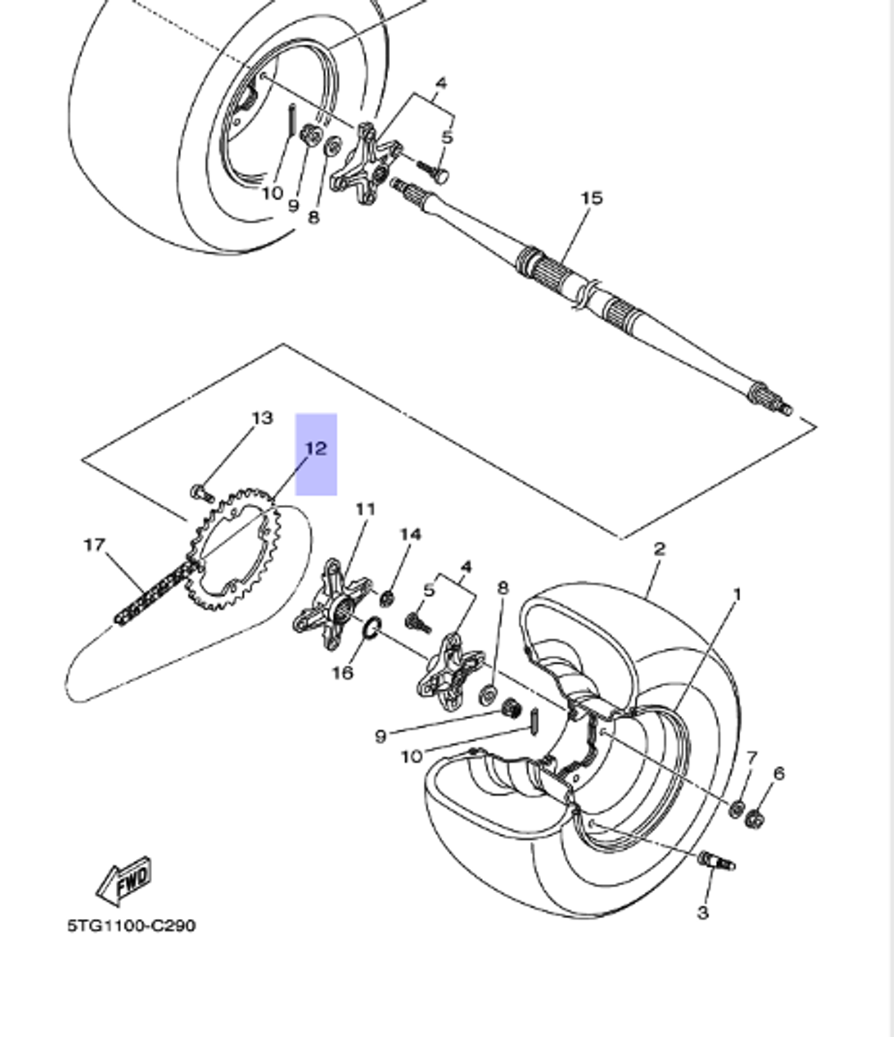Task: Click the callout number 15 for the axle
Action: (x=592, y=198)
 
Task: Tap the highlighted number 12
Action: (x=316, y=449)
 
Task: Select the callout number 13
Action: (x=261, y=418)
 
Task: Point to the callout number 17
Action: (x=95, y=544)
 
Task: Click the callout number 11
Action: (x=365, y=510)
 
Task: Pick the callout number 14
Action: (x=409, y=535)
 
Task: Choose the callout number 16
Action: (x=343, y=672)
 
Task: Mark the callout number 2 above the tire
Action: (x=659, y=548)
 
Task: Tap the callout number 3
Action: (x=703, y=912)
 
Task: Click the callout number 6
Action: (x=779, y=773)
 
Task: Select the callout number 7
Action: (x=751, y=758)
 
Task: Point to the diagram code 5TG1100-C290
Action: (x=131, y=925)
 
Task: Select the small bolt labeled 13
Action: (x=199, y=491)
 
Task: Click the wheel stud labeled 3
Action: (x=716, y=862)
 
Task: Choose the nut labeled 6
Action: (x=754, y=817)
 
